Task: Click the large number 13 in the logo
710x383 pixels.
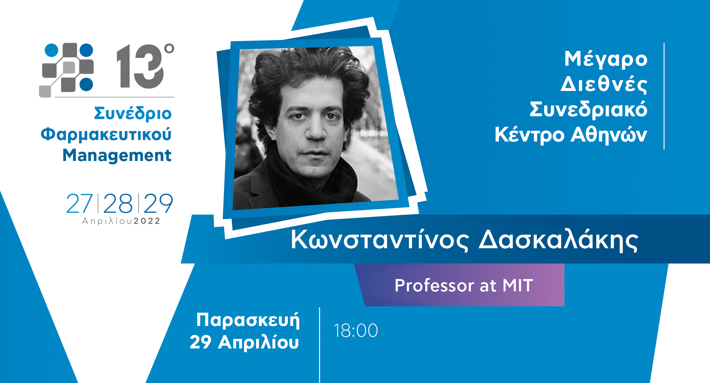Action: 140,66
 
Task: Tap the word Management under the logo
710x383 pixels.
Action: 117,155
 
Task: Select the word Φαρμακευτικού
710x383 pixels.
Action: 106,134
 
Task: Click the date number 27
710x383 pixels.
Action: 79,204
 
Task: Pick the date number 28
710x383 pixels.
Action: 118,204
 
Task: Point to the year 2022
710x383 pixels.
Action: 147,221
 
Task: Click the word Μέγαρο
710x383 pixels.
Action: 606,59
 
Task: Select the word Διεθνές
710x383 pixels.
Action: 604,84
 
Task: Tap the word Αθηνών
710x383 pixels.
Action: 609,135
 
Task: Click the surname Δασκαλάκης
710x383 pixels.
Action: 558,240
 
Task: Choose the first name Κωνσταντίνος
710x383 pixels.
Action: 380,240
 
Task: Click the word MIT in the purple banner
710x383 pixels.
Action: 518,285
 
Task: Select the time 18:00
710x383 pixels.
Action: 356,331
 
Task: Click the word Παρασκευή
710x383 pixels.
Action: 248,320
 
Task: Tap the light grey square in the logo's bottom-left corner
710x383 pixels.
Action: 45,91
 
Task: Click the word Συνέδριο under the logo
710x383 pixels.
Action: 133,113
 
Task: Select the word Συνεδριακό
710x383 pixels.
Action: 588,110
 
